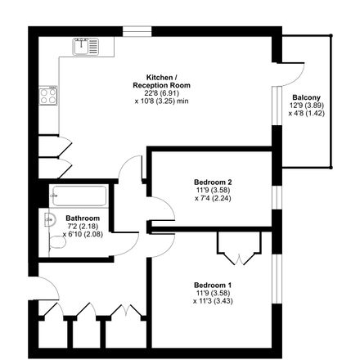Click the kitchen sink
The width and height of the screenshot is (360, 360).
(x=85, y=47)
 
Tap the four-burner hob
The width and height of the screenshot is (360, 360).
(x=48, y=96)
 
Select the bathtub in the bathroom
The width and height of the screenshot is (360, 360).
(x=79, y=196)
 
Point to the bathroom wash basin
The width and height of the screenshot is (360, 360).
(x=50, y=219)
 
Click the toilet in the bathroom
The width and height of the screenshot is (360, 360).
(x=57, y=242)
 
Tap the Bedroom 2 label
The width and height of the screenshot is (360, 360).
(x=213, y=182)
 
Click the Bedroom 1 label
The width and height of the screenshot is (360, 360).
(x=213, y=286)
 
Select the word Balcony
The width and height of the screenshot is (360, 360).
(x=306, y=97)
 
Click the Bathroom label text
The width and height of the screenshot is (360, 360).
(x=83, y=218)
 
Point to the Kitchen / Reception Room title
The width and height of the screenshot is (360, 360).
(x=161, y=81)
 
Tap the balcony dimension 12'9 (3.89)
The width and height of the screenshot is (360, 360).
(x=307, y=106)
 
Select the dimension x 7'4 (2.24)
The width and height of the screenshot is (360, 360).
(x=213, y=198)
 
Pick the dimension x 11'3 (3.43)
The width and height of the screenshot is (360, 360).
(x=213, y=301)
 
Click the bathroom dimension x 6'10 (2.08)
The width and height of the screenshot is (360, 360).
(x=83, y=234)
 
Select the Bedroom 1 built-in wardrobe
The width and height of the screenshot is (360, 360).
(x=239, y=248)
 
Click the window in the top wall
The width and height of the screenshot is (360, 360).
(x=137, y=31)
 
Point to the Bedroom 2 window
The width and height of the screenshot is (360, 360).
(x=277, y=198)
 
